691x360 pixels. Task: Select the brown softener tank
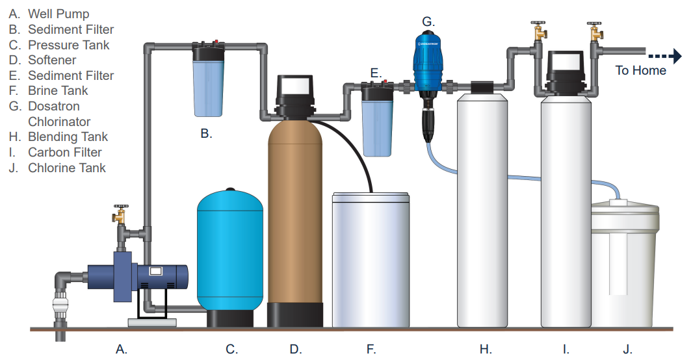pyautogui.click(x=295, y=214)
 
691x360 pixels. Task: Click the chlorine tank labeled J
pyautogui.click(x=623, y=266)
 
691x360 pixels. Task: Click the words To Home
pyautogui.click(x=640, y=70)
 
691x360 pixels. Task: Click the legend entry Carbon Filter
pyautogui.click(x=64, y=152)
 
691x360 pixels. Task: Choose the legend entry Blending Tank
pyautogui.click(x=68, y=136)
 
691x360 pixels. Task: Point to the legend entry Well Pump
pyautogui.click(x=59, y=14)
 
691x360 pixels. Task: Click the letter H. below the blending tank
pyautogui.click(x=485, y=349)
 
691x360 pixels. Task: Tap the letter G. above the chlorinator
pyautogui.click(x=427, y=21)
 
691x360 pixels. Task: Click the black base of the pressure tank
pyautogui.click(x=229, y=318)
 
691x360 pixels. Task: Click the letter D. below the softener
pyautogui.click(x=296, y=349)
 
